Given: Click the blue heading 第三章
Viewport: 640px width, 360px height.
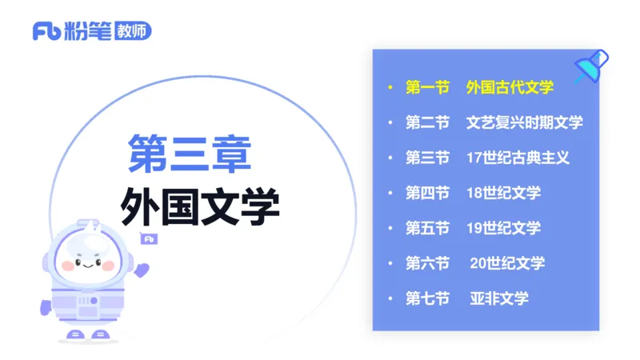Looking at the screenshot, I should (190, 154).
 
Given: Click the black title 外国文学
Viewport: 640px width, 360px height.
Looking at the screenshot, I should (200, 207).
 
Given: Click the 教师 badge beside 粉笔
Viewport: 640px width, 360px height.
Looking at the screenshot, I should (133, 30).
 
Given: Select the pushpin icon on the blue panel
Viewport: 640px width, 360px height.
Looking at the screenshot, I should (591, 66).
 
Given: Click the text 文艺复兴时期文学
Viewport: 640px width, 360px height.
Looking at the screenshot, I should (524, 122).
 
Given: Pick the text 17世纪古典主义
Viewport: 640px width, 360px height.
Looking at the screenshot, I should (518, 158).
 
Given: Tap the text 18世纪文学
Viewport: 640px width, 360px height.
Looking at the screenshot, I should (503, 193).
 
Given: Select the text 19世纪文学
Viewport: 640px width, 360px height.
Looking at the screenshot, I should (503, 228).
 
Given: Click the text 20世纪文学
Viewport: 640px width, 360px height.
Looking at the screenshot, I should (507, 263).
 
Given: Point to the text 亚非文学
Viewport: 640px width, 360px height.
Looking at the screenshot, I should (499, 298).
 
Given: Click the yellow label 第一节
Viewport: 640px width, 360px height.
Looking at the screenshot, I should (427, 87).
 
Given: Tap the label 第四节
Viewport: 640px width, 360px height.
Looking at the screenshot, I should (427, 193).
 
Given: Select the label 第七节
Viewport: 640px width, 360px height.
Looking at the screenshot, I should (427, 298).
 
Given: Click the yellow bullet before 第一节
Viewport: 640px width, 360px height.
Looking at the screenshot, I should (390, 87).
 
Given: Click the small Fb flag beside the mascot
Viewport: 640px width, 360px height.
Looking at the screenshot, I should (149, 238).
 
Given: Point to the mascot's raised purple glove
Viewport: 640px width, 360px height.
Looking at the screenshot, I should (142, 269).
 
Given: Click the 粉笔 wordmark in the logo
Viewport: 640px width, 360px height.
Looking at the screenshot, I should (89, 31).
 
